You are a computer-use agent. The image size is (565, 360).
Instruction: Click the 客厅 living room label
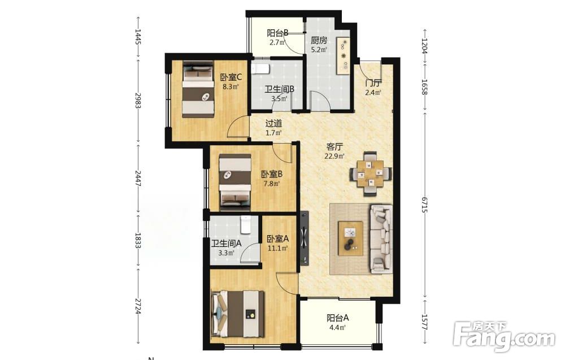(334, 147)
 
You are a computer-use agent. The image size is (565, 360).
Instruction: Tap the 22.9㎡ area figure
(334, 157)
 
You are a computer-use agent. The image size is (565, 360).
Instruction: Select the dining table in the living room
(371, 174)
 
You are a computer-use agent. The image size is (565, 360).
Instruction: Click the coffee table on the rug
(351, 238)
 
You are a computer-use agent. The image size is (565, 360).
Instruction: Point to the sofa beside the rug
(381, 238)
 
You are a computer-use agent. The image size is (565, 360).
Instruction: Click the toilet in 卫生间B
(260, 69)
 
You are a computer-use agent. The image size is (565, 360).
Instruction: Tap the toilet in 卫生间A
(246, 224)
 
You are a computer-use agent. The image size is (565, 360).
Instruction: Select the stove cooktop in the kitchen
(344, 55)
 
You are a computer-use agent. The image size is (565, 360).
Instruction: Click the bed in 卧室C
(198, 90)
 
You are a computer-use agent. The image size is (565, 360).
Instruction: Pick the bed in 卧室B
(235, 183)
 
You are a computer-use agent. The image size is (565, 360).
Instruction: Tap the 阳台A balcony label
(338, 318)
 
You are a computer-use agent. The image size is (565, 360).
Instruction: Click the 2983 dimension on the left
(137, 100)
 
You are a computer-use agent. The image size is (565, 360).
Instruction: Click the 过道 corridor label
(273, 123)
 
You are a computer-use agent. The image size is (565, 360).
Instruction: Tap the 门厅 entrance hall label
(373, 83)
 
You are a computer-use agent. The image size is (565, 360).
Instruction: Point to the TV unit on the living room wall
(305, 238)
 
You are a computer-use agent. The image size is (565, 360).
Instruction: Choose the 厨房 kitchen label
(319, 40)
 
